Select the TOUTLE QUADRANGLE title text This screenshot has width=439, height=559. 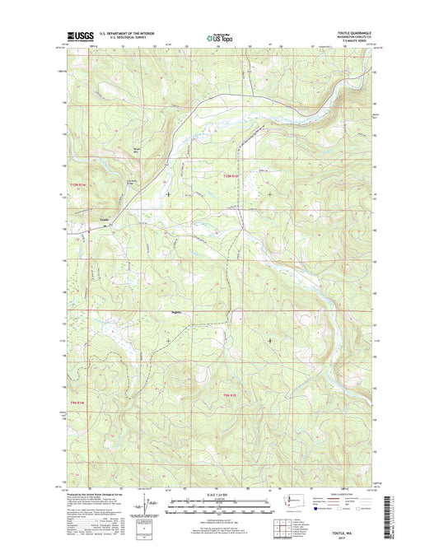coord(355,32)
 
